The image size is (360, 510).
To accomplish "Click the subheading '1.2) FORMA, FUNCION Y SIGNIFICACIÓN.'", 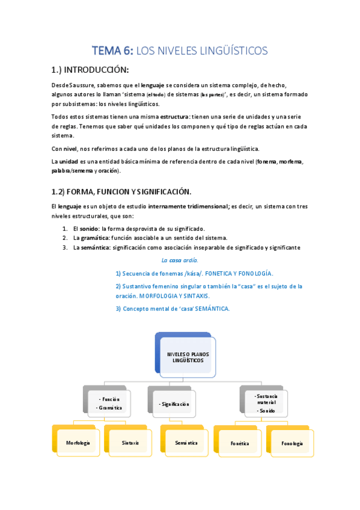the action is pyautogui.click(x=121, y=191).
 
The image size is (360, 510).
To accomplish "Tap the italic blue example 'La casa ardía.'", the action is pyautogui.click(x=180, y=260).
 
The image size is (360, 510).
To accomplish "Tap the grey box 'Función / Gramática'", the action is pyautogui.click(x=109, y=403).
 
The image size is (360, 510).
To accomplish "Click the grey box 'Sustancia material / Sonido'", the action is pyautogui.click(x=266, y=403).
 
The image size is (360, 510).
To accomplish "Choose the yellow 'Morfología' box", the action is pyautogui.click(x=78, y=443).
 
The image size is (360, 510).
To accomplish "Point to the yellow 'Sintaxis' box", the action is pyautogui.click(x=130, y=443).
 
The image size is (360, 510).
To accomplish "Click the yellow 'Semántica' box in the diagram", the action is pyautogui.click(x=186, y=443).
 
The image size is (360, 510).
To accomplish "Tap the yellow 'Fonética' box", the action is pyautogui.click(x=239, y=443).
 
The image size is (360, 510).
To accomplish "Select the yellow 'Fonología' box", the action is pyautogui.click(x=291, y=443).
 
